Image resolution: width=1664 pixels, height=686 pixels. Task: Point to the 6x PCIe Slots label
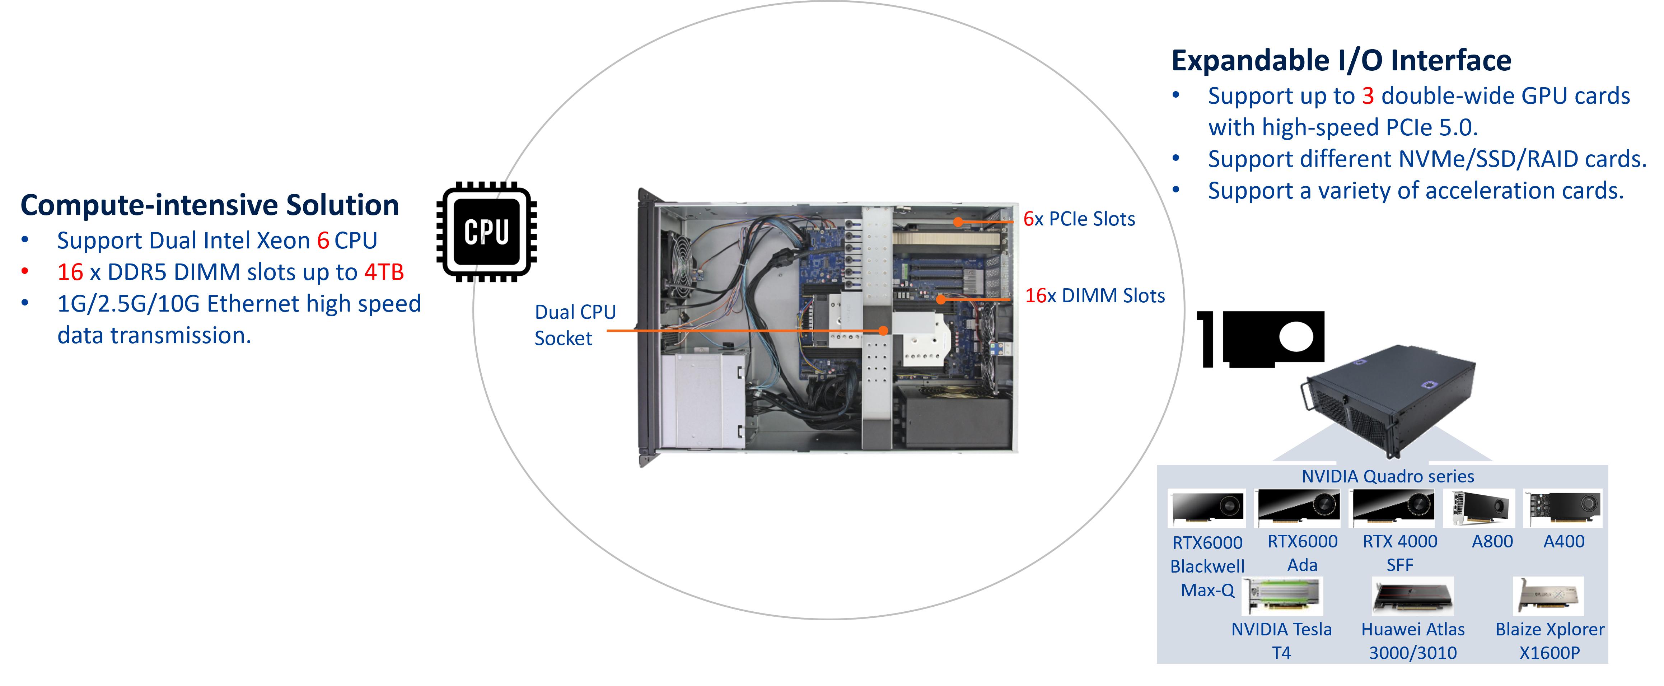[1079, 219]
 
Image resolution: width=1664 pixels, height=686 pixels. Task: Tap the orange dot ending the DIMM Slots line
[941, 299]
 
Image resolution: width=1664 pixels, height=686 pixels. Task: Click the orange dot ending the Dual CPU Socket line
[883, 331]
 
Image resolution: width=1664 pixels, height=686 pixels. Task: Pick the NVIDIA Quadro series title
[1388, 477]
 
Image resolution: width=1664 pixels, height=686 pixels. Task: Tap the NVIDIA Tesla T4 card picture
[1282, 596]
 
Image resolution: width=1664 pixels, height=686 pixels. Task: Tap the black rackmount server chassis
[1389, 394]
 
